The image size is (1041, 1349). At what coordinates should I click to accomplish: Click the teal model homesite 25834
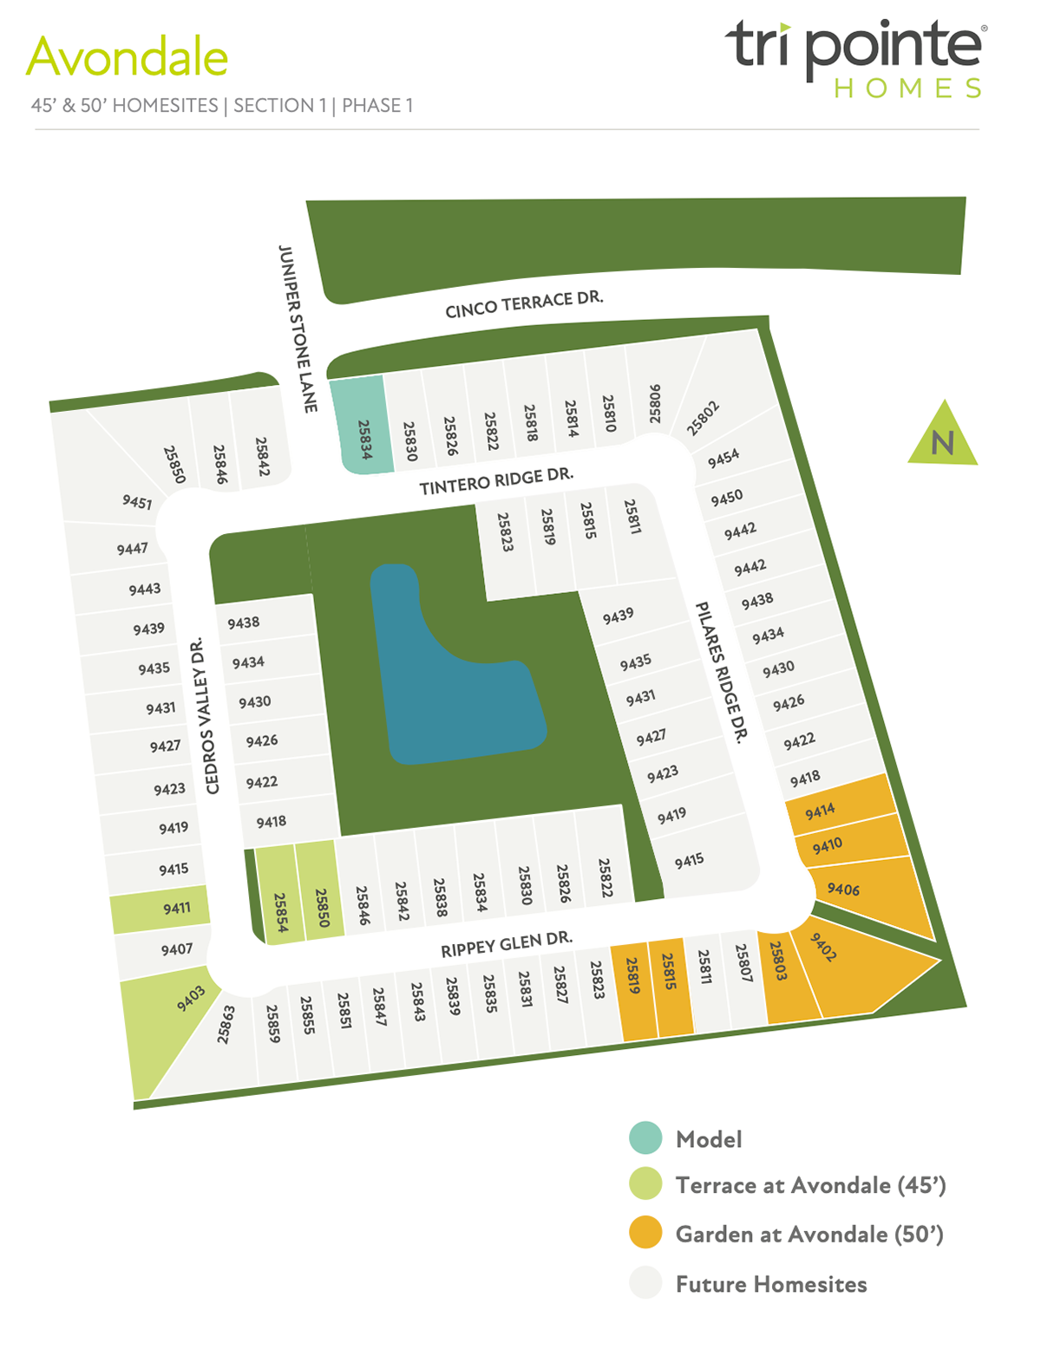363,426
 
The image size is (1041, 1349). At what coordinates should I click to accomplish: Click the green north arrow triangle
943,439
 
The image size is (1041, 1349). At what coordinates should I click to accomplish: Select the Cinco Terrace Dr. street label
524,304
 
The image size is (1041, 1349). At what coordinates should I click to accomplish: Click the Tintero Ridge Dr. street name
496,482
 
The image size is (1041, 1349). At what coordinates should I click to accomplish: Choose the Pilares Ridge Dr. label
721,673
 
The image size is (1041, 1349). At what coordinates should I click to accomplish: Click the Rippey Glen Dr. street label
507,945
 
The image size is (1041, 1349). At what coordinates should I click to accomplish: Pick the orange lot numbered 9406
867,893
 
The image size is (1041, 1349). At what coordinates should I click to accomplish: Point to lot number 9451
135,502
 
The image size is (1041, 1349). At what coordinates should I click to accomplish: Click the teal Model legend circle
645,1138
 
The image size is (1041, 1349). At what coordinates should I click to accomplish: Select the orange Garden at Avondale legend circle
645,1233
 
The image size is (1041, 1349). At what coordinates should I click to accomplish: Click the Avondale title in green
128,58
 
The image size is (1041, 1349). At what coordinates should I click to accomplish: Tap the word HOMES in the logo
908,88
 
